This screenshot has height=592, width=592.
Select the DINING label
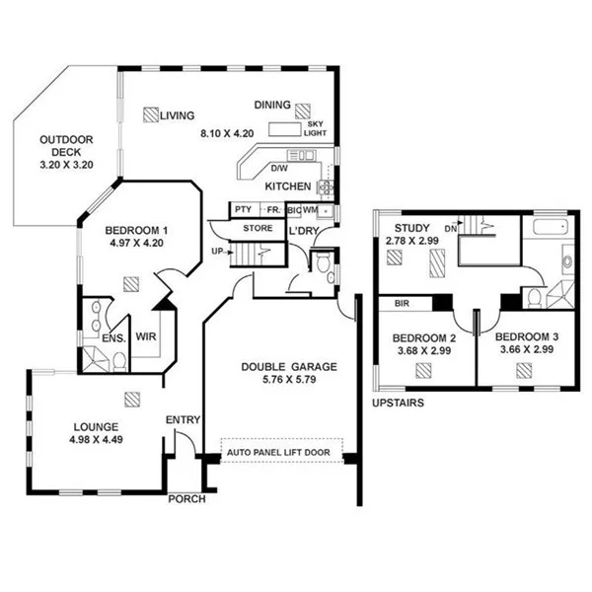(271, 105)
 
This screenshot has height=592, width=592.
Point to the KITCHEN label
(288, 187)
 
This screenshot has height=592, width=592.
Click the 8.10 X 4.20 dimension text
(228, 132)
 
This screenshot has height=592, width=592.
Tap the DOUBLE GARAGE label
(289, 367)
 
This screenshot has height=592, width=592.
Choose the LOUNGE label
(96, 427)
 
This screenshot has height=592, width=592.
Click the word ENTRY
(183, 420)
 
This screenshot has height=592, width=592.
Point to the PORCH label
(186, 499)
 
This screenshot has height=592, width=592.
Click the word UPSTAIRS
(399, 405)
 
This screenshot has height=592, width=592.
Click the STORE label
(258, 229)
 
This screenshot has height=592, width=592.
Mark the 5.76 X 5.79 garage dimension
(289, 380)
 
